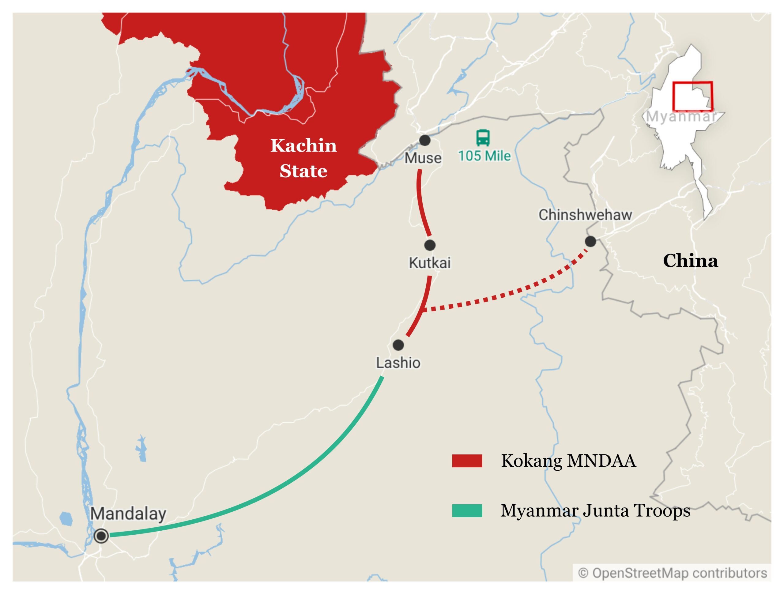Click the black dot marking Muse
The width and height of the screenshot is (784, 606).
point(425,140)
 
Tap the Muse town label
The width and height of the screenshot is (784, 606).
point(423,158)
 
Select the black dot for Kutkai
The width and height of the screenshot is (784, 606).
point(430,245)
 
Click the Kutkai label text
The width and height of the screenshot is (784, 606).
point(430,263)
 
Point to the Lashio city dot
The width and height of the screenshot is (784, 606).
point(398,345)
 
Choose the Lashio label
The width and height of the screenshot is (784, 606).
point(398,363)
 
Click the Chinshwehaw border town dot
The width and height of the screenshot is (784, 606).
point(590,241)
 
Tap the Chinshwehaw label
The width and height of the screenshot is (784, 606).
point(585,215)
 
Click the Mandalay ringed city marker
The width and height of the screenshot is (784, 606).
point(101,536)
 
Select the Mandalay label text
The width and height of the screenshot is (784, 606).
point(128,514)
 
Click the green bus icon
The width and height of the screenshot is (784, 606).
point(483,137)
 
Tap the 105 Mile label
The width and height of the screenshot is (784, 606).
point(484,156)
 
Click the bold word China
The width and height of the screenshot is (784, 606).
point(690,261)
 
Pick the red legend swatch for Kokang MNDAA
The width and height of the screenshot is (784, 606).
point(467,461)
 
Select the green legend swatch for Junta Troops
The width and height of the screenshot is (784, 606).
point(467,510)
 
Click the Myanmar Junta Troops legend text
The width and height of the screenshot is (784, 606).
point(595,510)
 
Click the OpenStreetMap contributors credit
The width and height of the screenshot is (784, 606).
point(672,573)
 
